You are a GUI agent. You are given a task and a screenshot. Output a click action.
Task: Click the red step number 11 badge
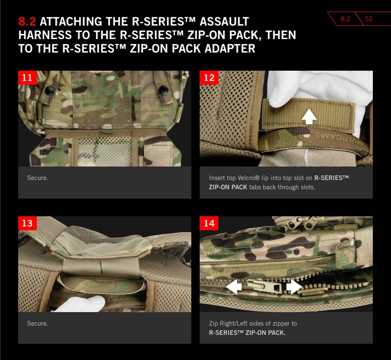tap(27, 78)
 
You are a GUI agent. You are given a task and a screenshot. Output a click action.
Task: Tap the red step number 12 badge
tap(209, 78)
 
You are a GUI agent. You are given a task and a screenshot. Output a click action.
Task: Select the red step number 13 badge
tap(27, 223)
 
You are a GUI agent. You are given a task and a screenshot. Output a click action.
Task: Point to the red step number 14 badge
tap(209, 223)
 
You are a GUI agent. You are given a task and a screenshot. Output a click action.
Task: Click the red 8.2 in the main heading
tap(27, 21)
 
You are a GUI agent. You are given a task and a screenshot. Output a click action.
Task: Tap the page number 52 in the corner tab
tap(369, 19)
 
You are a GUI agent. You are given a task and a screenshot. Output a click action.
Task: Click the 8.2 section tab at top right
tap(345, 19)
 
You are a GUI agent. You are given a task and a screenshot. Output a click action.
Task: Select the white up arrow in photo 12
tap(309, 116)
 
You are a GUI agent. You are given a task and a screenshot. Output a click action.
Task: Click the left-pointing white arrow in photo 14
tap(234, 287)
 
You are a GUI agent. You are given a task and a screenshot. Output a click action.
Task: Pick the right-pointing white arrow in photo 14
tap(294, 287)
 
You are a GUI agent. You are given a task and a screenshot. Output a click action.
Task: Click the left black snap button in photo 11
tap(50, 90)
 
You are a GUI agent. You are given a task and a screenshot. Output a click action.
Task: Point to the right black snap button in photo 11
tap(163, 89)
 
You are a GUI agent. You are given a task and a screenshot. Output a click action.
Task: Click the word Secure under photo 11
tap(37, 178)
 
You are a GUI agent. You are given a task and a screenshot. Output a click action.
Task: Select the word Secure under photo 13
tap(37, 323)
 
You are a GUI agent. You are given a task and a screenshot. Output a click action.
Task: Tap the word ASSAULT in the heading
tap(224, 21)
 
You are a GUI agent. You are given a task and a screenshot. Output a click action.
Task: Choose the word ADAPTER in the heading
tap(230, 48)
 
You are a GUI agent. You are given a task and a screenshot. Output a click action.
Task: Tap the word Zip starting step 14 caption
tap(213, 323)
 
